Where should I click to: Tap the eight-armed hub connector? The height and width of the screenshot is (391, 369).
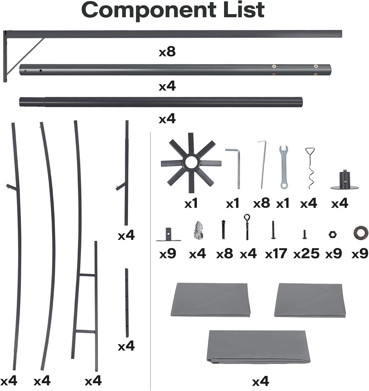click(x=191, y=163)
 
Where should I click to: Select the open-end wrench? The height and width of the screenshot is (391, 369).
click(x=283, y=167)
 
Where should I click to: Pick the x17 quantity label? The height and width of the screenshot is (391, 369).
click(x=276, y=253)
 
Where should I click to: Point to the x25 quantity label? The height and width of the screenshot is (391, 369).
click(x=306, y=253)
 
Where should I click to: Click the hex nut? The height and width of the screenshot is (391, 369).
click(x=333, y=235)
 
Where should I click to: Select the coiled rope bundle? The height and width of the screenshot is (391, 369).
click(x=198, y=230)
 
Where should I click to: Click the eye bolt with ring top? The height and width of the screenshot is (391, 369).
click(x=247, y=227)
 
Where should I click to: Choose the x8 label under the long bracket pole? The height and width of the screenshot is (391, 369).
click(x=167, y=52)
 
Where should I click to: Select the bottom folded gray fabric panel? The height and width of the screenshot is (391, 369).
click(x=258, y=347)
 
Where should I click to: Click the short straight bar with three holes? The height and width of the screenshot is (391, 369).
click(x=127, y=303)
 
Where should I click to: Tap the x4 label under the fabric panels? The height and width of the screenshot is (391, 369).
click(x=260, y=381)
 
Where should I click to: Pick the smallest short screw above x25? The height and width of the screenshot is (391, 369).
click(x=304, y=234)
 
